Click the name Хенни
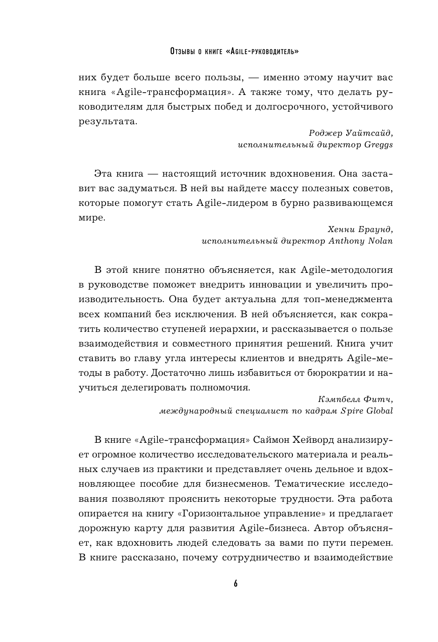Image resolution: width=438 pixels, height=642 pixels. (x=341, y=229)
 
